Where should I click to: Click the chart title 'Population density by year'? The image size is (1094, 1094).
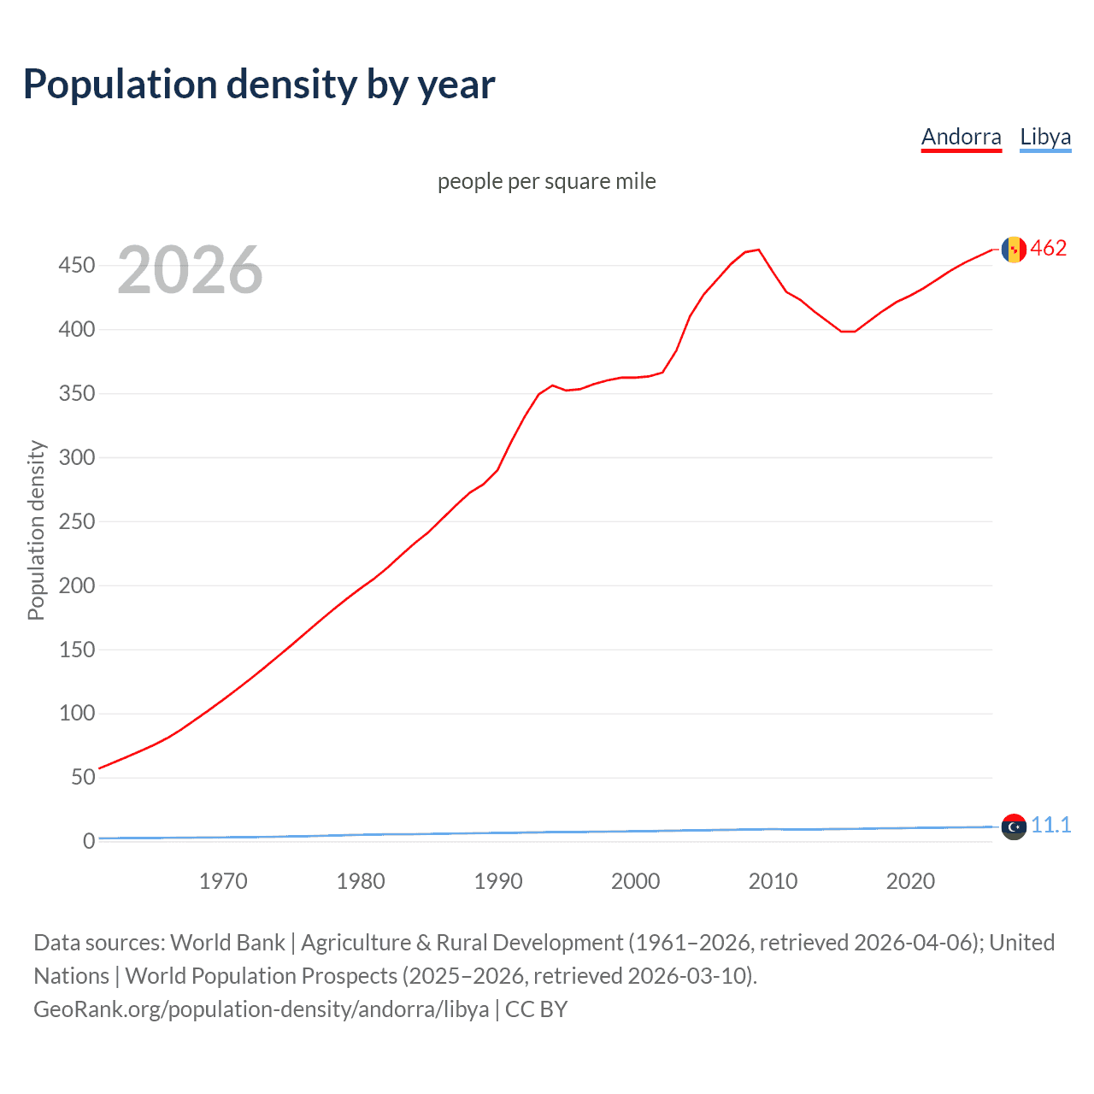click(259, 85)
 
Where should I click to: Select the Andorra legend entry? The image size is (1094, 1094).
click(961, 137)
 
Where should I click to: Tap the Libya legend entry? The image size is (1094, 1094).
click(1044, 137)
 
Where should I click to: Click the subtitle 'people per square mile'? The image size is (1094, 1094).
click(546, 181)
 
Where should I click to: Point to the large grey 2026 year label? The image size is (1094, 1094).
click(190, 270)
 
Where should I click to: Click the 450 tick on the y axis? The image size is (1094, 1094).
click(76, 265)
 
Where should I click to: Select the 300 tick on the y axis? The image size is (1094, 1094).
click(76, 457)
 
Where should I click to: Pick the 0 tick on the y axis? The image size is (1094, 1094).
click(88, 841)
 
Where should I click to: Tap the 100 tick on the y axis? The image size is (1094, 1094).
click(76, 713)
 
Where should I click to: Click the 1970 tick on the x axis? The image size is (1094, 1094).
click(223, 881)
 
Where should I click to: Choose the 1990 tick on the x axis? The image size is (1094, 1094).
click(498, 881)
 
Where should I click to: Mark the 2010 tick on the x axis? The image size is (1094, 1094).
click(773, 881)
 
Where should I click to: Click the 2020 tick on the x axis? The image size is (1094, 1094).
click(910, 881)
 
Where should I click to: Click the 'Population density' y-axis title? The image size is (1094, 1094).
click(36, 530)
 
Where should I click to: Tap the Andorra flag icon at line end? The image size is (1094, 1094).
click(1014, 250)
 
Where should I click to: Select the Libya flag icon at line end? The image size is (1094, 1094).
click(1014, 826)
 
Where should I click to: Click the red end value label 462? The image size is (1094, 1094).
click(1049, 249)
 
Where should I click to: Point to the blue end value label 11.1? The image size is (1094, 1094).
click(1050, 825)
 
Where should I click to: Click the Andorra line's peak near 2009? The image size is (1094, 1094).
click(758, 250)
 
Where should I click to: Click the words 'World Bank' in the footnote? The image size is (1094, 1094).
click(227, 943)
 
